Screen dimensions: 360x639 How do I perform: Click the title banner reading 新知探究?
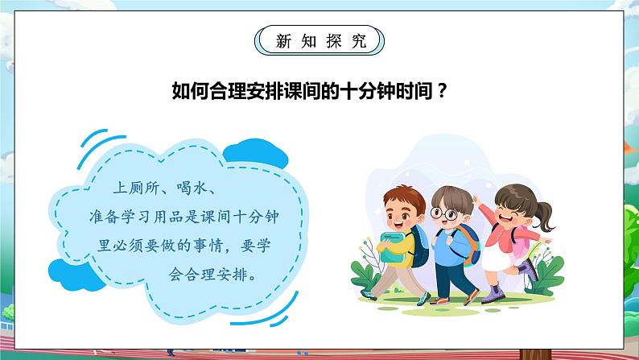[x=320, y=41]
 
